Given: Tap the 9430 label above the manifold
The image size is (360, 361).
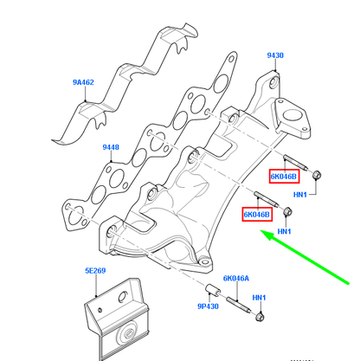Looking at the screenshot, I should pyautogui.click(x=274, y=55).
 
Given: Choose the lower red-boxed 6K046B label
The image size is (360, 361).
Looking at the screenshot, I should pyautogui.click(x=256, y=214).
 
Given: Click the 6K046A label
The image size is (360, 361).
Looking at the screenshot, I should pyautogui.click(x=236, y=279).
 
